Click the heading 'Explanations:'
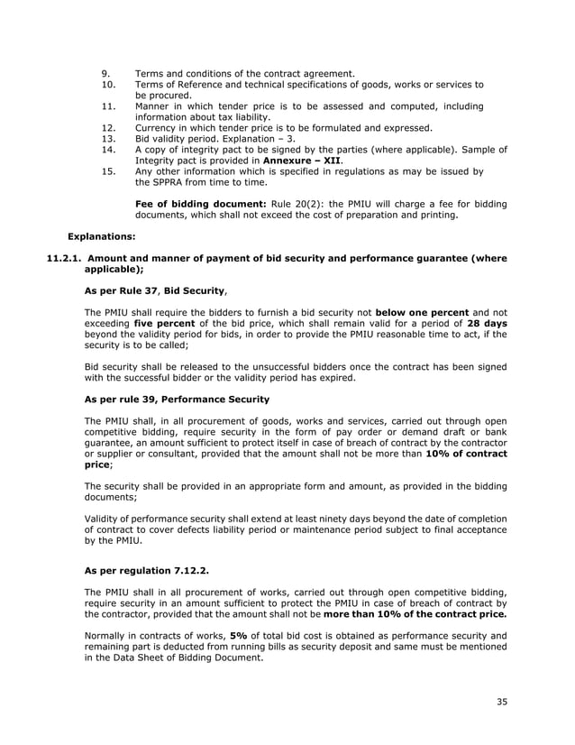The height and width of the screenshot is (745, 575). [102, 236]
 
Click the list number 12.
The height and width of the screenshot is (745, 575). [108, 127]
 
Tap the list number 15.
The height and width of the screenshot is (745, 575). [108, 170]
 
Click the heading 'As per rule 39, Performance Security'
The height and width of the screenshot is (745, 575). [176, 400]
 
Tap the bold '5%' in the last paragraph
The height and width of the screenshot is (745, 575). [240, 635]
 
